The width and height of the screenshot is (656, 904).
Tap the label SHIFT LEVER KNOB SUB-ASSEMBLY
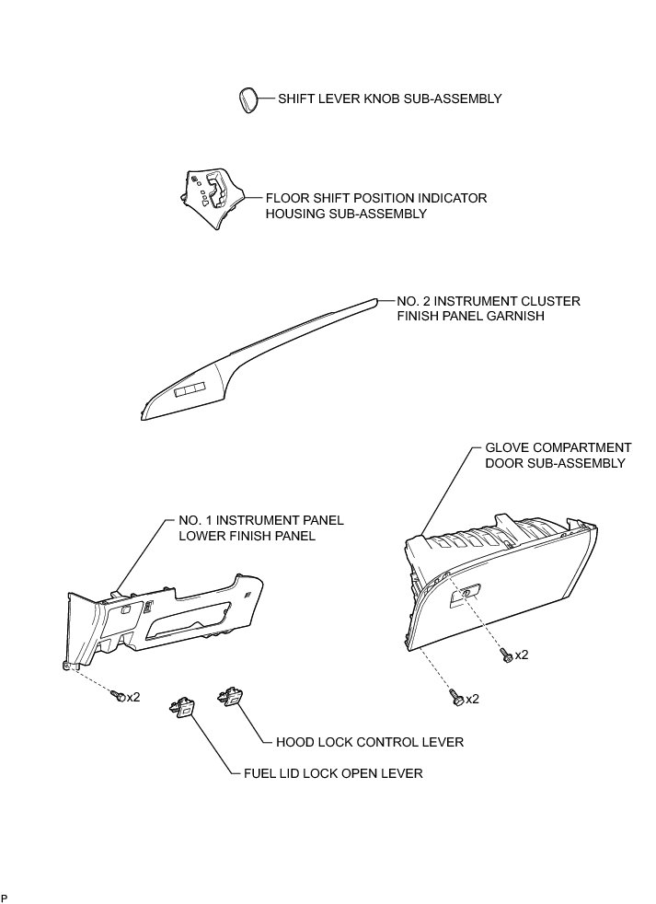pyautogui.click(x=390, y=99)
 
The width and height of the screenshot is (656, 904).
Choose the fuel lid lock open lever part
pyautogui.click(x=182, y=710)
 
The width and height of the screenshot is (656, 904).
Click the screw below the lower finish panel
pyautogui.click(x=117, y=697)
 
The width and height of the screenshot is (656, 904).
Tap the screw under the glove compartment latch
pyautogui.click(x=504, y=655)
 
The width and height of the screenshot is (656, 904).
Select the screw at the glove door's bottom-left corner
pyautogui.click(x=456, y=699)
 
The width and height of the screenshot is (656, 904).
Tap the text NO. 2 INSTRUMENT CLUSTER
pyautogui.click(x=489, y=301)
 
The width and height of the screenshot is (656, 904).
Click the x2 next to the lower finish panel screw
pyautogui.click(x=133, y=697)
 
